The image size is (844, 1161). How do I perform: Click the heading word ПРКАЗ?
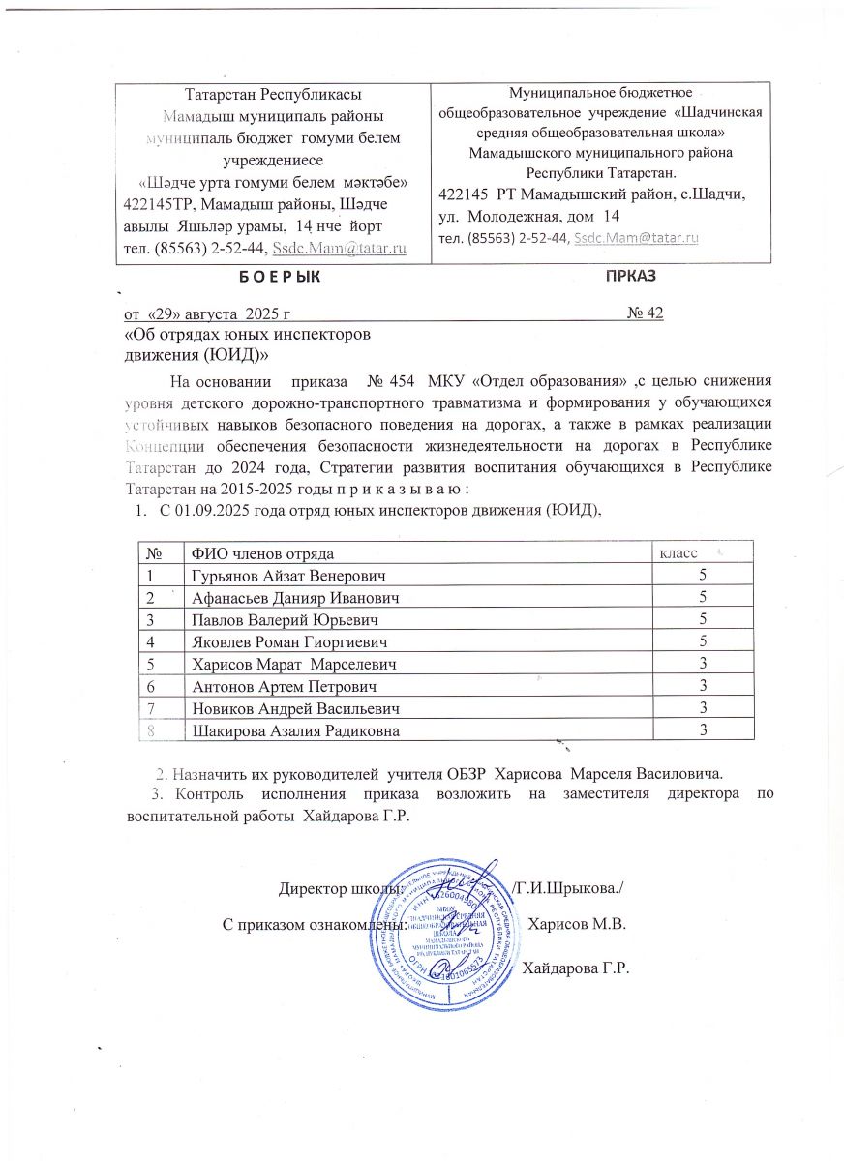(x=631, y=276)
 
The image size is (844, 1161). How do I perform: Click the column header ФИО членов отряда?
(x=263, y=553)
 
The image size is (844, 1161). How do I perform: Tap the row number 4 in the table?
(x=151, y=641)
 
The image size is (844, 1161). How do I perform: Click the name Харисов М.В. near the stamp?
(x=578, y=924)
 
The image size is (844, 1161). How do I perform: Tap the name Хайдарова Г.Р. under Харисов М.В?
(x=576, y=968)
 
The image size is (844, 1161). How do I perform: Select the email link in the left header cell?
(x=339, y=250)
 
